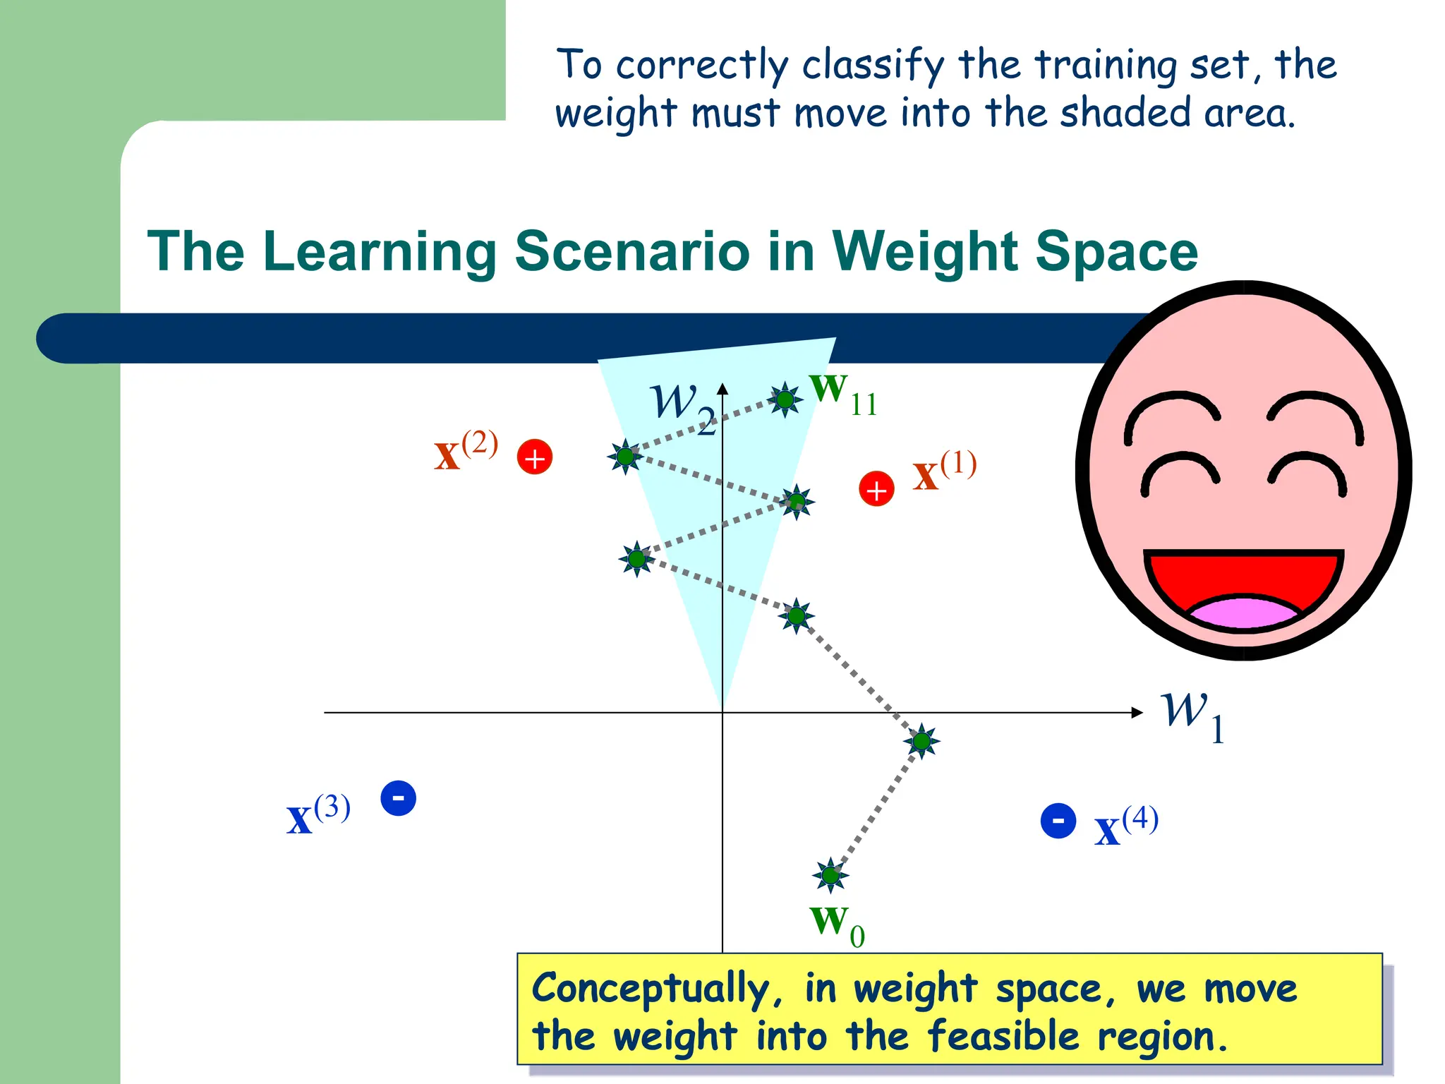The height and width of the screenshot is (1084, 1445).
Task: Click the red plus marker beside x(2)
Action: tap(535, 457)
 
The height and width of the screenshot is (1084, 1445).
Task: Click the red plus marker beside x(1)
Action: tap(876, 489)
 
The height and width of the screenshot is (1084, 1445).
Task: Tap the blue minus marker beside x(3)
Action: tap(398, 798)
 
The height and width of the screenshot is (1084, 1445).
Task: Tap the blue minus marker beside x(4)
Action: tap(1058, 821)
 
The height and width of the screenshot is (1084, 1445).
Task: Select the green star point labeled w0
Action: tap(830, 876)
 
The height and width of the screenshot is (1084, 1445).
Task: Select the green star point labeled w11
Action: tap(785, 400)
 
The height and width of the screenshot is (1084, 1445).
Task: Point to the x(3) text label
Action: tap(318, 815)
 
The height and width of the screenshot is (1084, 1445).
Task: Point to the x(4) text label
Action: tap(1126, 826)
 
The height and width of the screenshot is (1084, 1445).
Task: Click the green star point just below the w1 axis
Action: tap(921, 741)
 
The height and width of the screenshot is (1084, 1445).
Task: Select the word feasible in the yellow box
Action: tap(1003, 1037)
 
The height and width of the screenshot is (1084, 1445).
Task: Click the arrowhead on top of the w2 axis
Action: tap(722, 388)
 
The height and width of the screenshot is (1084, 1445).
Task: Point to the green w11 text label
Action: tap(843, 395)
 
